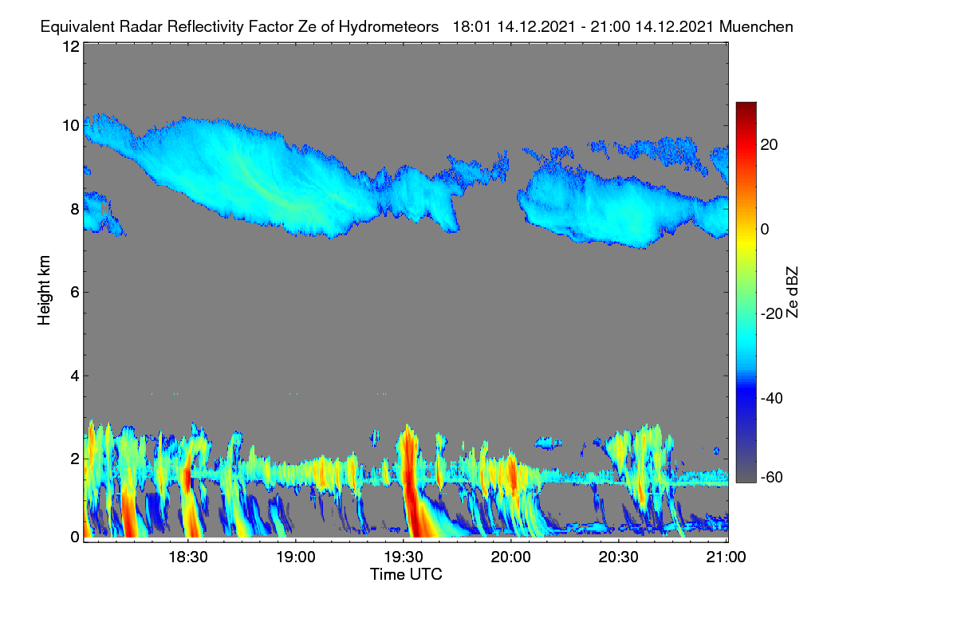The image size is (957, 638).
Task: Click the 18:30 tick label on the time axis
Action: pyautogui.click(x=188, y=557)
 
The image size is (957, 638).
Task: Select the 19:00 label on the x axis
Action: pyautogui.click(x=296, y=557)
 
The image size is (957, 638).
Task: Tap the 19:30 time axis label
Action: pyautogui.click(x=404, y=557)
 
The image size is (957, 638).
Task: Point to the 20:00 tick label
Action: pyautogui.click(x=511, y=557)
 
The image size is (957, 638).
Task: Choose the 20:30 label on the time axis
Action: pyautogui.click(x=619, y=557)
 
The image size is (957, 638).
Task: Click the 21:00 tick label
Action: pyautogui.click(x=726, y=557)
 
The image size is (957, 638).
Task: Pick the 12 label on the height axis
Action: pyautogui.click(x=71, y=46)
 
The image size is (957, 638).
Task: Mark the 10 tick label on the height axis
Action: pyautogui.click(x=71, y=126)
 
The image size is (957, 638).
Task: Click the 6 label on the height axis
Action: pyautogui.click(x=75, y=293)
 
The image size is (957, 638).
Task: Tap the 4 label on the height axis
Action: pyautogui.click(x=75, y=376)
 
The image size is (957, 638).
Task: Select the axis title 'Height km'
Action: pyautogui.click(x=44, y=290)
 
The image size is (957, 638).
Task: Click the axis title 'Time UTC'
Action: pyautogui.click(x=406, y=574)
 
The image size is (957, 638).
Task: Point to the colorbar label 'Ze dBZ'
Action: pyautogui.click(x=792, y=293)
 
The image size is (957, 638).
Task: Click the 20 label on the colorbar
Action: pyautogui.click(x=769, y=145)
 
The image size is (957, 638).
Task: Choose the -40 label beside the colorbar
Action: pyautogui.click(x=771, y=398)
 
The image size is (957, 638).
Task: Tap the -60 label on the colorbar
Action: pyautogui.click(x=771, y=478)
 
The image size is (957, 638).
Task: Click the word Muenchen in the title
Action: pyautogui.click(x=756, y=27)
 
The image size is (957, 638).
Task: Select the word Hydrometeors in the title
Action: pyautogui.click(x=388, y=27)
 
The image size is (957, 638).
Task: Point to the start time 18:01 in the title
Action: pyautogui.click(x=472, y=27)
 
